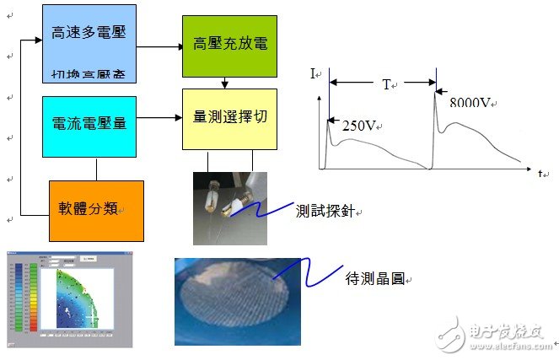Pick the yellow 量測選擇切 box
(228, 117)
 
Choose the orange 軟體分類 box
(95, 208)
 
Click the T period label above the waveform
(387, 84)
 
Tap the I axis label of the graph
(313, 75)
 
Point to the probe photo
(229, 207)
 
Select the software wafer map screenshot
(69, 299)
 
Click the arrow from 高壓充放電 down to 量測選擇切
(224, 82)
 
